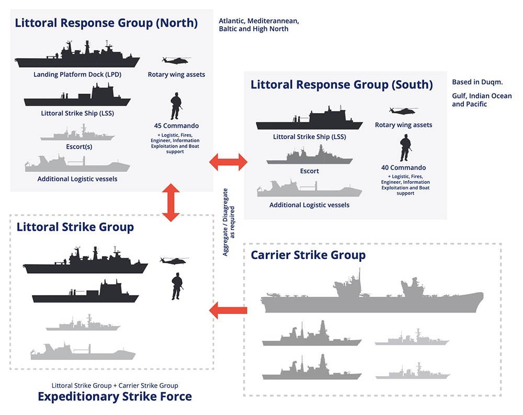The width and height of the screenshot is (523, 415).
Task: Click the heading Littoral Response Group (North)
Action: tap(106, 23)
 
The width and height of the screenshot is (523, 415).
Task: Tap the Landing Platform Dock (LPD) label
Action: tap(77, 74)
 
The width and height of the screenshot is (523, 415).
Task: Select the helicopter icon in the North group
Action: tap(176, 60)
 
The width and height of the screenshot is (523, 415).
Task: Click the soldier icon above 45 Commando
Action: tap(176, 106)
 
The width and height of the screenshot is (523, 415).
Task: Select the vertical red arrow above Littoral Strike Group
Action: tap(171, 201)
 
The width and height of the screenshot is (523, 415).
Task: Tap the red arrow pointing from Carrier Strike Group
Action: tap(228, 311)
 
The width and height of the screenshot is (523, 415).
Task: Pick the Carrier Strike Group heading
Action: tap(308, 255)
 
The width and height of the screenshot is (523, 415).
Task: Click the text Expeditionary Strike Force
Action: tap(115, 397)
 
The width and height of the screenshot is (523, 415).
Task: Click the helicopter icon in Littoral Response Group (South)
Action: tap(403, 111)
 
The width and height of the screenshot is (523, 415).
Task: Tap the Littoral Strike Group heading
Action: tap(75, 227)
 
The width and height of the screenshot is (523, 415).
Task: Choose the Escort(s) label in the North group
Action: tap(77, 147)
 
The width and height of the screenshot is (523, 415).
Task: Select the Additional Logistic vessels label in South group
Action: tap(309, 205)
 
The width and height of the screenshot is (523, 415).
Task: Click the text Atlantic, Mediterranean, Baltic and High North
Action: tap(259, 25)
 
